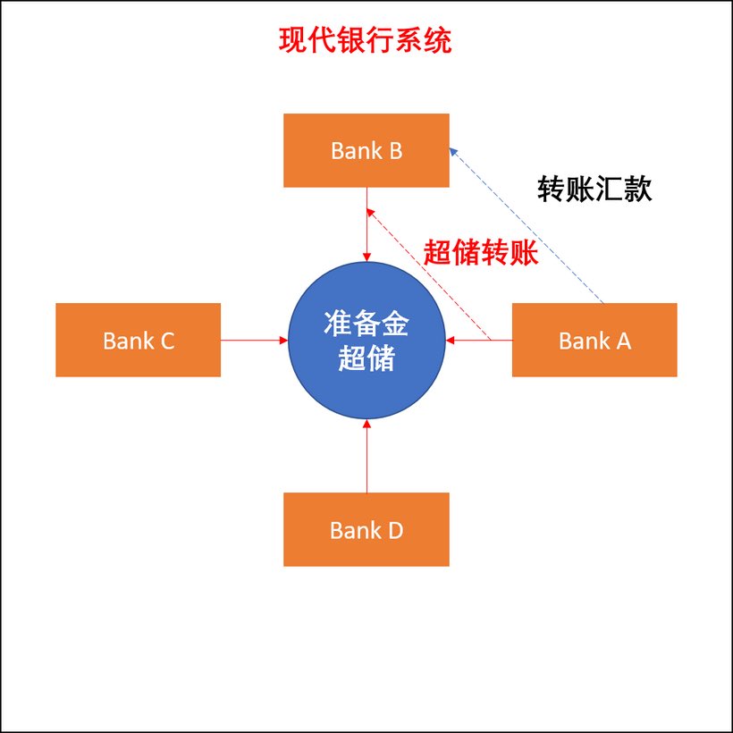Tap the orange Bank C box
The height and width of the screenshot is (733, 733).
[x=138, y=340]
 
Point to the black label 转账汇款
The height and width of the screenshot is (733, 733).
[x=594, y=190]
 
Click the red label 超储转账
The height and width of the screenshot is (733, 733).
[x=481, y=254]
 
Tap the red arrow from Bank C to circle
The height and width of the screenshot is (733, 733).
[x=254, y=340]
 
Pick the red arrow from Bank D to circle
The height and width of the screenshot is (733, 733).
[x=366, y=456]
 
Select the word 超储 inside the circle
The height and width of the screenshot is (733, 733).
[x=367, y=359]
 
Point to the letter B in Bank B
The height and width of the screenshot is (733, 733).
[x=393, y=151]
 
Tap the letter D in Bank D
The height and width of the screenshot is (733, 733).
[x=394, y=530]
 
